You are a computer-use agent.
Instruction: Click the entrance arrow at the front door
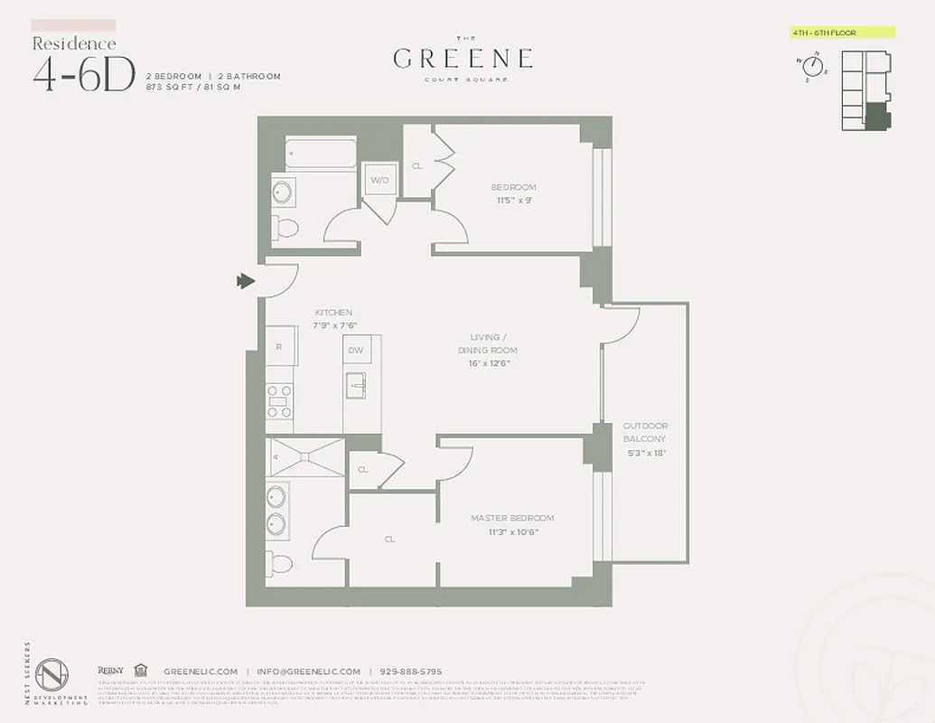[x=245, y=282]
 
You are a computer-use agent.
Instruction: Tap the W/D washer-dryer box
[x=379, y=180]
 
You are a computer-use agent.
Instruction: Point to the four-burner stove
[x=279, y=399]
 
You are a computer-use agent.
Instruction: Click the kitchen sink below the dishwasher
[x=355, y=385]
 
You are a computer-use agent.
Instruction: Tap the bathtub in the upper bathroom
[x=321, y=153]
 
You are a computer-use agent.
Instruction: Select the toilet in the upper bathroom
[x=287, y=226]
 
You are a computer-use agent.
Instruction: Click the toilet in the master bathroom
[x=282, y=564]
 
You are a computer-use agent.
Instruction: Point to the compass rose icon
[x=812, y=66]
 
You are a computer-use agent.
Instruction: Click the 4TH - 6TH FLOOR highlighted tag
[x=842, y=33]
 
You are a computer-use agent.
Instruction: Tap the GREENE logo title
[x=463, y=60]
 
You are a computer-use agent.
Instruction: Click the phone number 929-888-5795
[x=410, y=671]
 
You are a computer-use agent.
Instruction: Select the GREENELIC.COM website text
[x=201, y=671]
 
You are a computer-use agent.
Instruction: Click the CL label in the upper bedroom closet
[x=417, y=166]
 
